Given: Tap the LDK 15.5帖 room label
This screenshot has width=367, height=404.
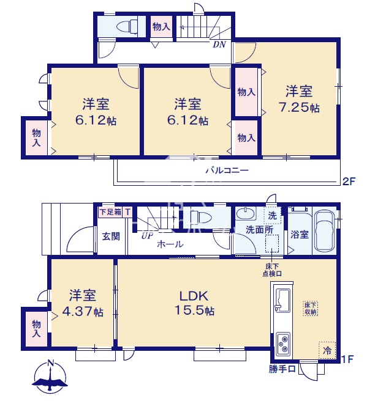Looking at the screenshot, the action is pyautogui.click(x=194, y=303).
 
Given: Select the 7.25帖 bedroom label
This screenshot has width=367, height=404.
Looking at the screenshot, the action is pyautogui.click(x=299, y=99).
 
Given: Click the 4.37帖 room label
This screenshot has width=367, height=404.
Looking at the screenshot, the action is pyautogui.click(x=82, y=303).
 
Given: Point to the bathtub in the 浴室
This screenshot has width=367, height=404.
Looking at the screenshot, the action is pyautogui.click(x=325, y=232).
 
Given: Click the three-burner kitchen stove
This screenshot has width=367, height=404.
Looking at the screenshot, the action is pyautogui.click(x=283, y=344).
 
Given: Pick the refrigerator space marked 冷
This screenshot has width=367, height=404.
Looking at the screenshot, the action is pyautogui.click(x=327, y=350).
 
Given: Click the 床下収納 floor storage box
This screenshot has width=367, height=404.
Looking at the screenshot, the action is pyautogui.click(x=310, y=309).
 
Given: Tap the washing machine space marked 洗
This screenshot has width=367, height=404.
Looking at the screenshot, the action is pyautogui.click(x=272, y=215).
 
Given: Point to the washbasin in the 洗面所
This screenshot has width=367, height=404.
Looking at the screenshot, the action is pyautogui.click(x=246, y=213).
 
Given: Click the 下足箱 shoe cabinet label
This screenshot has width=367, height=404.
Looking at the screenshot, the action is pyautogui.click(x=110, y=212).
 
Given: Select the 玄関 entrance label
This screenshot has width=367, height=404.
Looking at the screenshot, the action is pyautogui.click(x=111, y=237).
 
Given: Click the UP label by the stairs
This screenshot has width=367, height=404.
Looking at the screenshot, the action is pyautogui.click(x=146, y=235).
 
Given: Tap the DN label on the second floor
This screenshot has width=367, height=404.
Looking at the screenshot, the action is pyautogui.click(x=219, y=45).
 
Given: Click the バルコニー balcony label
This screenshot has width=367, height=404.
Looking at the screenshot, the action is pyautogui.click(x=227, y=171).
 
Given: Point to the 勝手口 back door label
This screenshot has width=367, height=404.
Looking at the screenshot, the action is pyautogui.click(x=282, y=369).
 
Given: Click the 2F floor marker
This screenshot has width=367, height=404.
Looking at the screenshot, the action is pyautogui.click(x=349, y=182).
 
